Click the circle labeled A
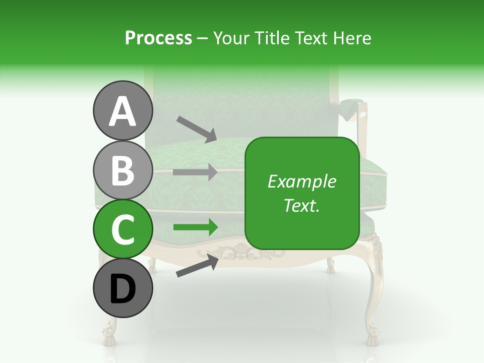(x=123, y=111)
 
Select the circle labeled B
(x=123, y=170)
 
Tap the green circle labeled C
(x=123, y=229)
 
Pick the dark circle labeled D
(x=123, y=288)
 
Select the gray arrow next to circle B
(x=195, y=172)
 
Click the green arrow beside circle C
(x=195, y=227)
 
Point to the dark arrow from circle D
(x=197, y=265)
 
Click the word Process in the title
(x=158, y=38)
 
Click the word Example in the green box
(x=301, y=181)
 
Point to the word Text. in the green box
(x=301, y=205)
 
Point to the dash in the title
(x=202, y=38)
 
